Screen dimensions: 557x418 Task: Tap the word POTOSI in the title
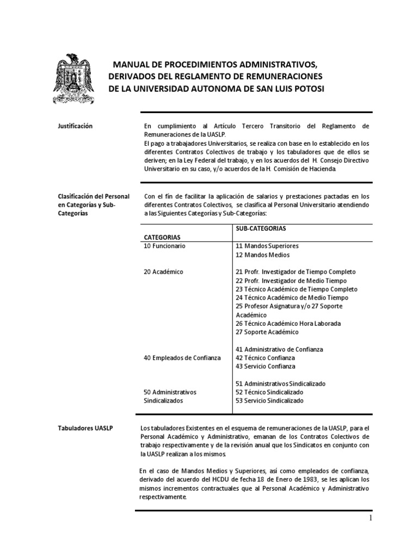(310, 88)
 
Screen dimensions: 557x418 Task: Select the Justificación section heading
(75, 126)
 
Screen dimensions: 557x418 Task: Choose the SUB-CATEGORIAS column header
(261, 228)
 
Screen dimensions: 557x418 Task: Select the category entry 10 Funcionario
(164, 246)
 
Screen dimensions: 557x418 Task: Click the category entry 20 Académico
(163, 271)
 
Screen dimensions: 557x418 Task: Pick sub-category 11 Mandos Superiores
(267, 246)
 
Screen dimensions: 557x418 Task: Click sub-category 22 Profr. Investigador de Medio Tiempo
(291, 280)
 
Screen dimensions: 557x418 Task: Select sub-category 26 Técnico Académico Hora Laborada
(288, 323)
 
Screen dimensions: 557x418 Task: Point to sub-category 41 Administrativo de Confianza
(280, 349)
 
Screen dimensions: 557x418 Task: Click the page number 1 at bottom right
(370, 518)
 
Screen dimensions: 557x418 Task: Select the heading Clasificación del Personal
(95, 196)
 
